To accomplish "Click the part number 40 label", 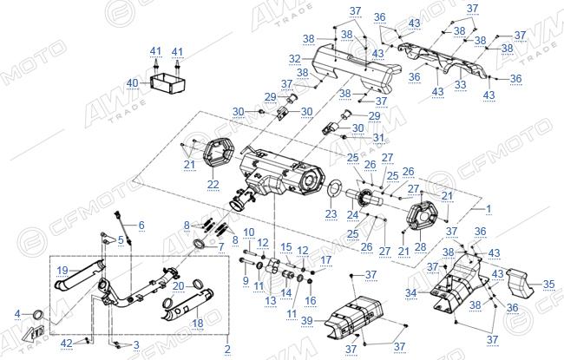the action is coord(132,83).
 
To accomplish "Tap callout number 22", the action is coord(213,184).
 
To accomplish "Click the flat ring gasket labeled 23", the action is coord(335,189).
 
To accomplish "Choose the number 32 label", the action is coord(295,58).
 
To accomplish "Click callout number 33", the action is coord(461,85).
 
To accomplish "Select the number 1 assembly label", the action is coord(489,208).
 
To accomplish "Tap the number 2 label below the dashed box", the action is coord(227,349).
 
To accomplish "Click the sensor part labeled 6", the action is coord(123,228).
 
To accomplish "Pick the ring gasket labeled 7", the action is coord(200,245).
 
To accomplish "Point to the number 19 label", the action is coord(62,271).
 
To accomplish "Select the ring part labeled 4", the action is coord(38,315).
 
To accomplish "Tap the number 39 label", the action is coord(307,320).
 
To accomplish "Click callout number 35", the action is coord(548,285).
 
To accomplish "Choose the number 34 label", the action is coord(411,293).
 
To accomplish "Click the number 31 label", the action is coord(378,138).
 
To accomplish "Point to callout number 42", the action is coord(67,344).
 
